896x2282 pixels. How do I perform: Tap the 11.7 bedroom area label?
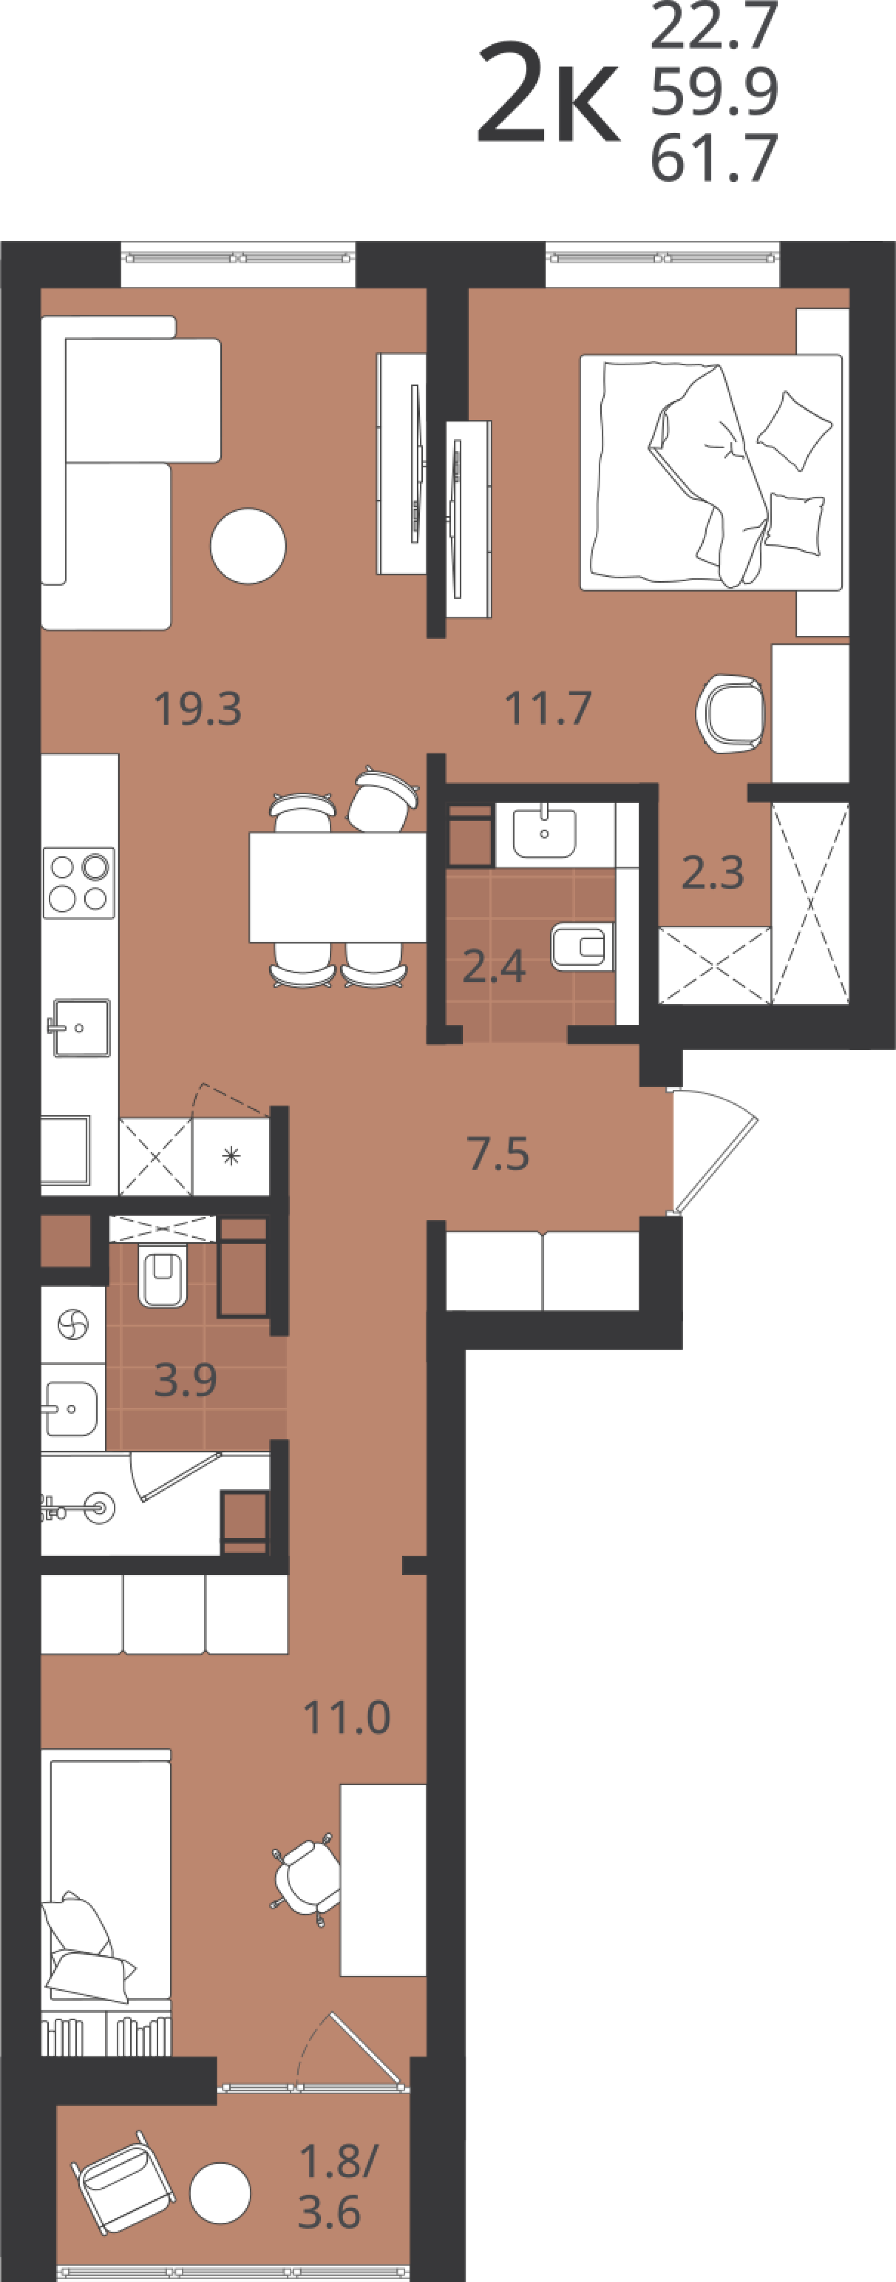(x=548, y=708)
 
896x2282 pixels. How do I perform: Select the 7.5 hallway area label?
(x=499, y=1154)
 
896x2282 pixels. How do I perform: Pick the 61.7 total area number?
(x=715, y=158)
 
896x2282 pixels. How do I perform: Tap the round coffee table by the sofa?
(x=248, y=546)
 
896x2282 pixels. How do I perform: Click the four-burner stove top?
(x=79, y=882)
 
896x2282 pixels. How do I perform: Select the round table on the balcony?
(x=220, y=2193)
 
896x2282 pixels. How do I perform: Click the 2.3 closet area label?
(x=713, y=873)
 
